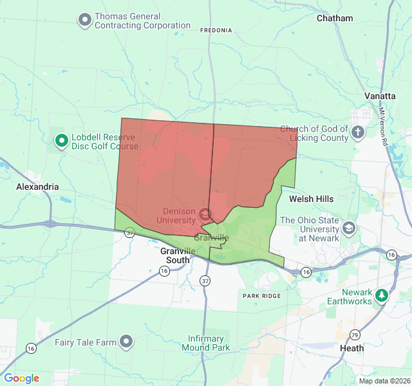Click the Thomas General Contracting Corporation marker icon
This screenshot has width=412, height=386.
[x=85, y=20]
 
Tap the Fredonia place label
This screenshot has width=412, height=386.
[x=216, y=30]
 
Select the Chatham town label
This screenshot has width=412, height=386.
[x=335, y=19]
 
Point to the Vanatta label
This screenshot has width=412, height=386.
[x=380, y=96]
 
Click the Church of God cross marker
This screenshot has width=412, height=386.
[x=359, y=133]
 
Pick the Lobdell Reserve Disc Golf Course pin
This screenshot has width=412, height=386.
[x=62, y=140]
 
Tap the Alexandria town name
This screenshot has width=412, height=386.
[x=37, y=187]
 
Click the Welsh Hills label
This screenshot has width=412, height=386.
[x=312, y=199]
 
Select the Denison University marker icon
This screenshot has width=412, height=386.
[x=205, y=214]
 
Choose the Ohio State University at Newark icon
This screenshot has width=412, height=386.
[x=348, y=228]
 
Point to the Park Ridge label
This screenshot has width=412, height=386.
[x=262, y=295]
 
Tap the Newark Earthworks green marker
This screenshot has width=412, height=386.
[x=382, y=295]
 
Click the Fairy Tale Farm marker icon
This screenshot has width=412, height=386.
[x=127, y=342]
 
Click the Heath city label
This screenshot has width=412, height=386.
[x=351, y=348]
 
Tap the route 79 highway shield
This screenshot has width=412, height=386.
[x=355, y=334]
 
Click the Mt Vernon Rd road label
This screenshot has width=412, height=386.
[x=389, y=129]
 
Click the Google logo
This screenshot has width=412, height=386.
[x=22, y=378]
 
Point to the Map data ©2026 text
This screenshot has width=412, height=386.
[x=384, y=381]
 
